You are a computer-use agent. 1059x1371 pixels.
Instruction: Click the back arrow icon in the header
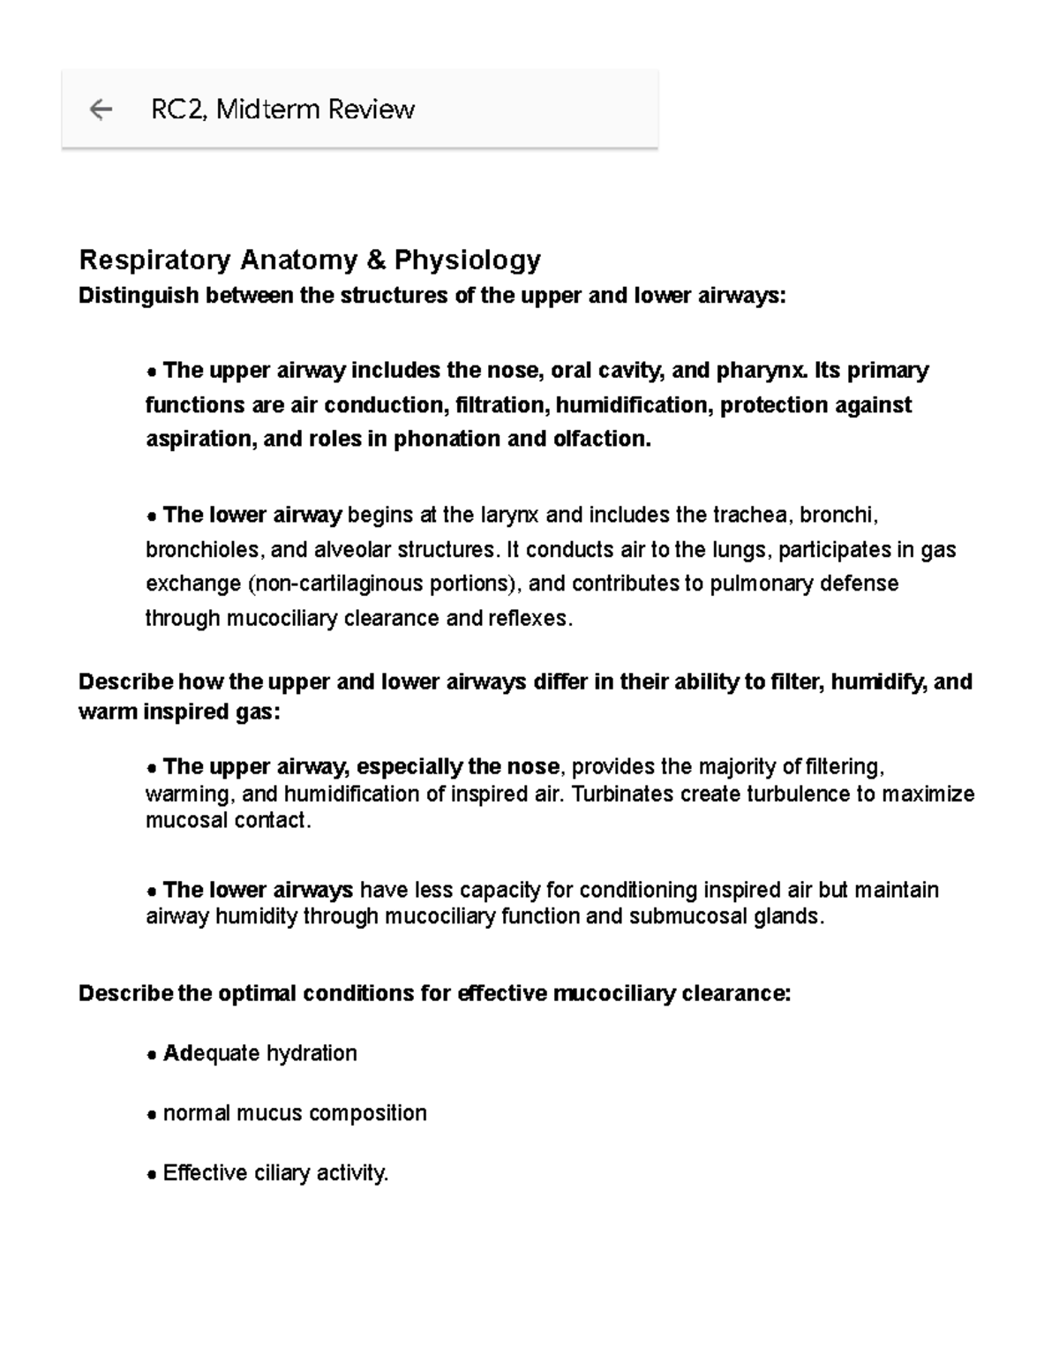(x=101, y=109)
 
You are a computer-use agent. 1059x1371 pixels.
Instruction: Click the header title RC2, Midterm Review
(x=282, y=109)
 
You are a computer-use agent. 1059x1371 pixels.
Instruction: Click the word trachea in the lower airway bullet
(x=756, y=515)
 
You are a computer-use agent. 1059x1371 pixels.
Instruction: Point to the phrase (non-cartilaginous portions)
(x=385, y=584)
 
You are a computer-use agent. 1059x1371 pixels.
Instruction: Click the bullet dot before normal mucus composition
(x=152, y=1114)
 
